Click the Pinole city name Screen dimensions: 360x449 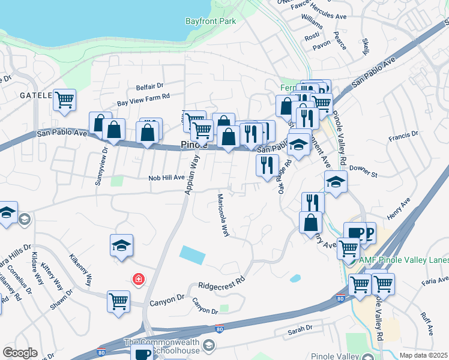[194, 145]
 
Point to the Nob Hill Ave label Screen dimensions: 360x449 [167, 178]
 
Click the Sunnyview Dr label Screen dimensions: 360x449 [101, 167]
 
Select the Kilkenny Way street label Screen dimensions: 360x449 [82, 269]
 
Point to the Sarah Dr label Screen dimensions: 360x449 [300, 329]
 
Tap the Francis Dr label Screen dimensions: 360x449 [403, 137]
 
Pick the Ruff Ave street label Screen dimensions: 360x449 [427, 323]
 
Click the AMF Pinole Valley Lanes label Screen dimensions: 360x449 [403, 260]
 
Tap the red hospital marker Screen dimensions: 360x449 [139, 280]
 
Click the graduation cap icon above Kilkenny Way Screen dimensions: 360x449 [121, 245]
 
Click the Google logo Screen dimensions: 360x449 [20, 353]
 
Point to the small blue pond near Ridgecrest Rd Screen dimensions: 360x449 [295, 278]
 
